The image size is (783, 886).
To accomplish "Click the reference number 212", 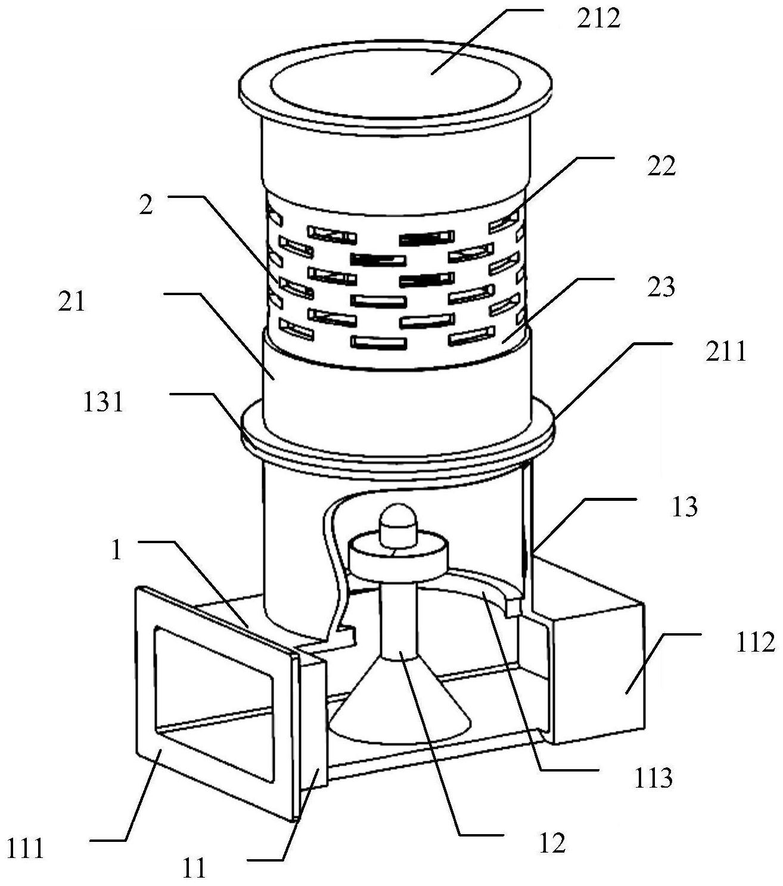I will [x=598, y=20].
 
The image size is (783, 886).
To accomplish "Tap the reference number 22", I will [x=661, y=168].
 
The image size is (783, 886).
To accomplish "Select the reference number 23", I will [x=661, y=287].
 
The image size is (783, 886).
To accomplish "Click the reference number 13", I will [x=684, y=507].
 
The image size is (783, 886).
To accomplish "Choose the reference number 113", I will [x=653, y=778].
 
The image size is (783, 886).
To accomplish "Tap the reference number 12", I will [x=551, y=843].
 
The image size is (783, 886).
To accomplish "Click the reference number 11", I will [x=194, y=868].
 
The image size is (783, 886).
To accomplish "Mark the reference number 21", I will [x=72, y=302].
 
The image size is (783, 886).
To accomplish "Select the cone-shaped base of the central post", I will [x=400, y=712].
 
